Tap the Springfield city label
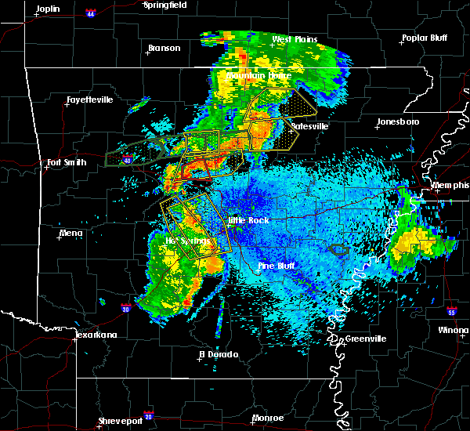165,5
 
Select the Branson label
164,48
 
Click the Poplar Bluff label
423,38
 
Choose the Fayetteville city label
89,100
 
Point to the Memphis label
450,185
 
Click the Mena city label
70,233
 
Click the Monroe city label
269,418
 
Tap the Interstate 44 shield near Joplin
90,13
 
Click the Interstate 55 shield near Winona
452,312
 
